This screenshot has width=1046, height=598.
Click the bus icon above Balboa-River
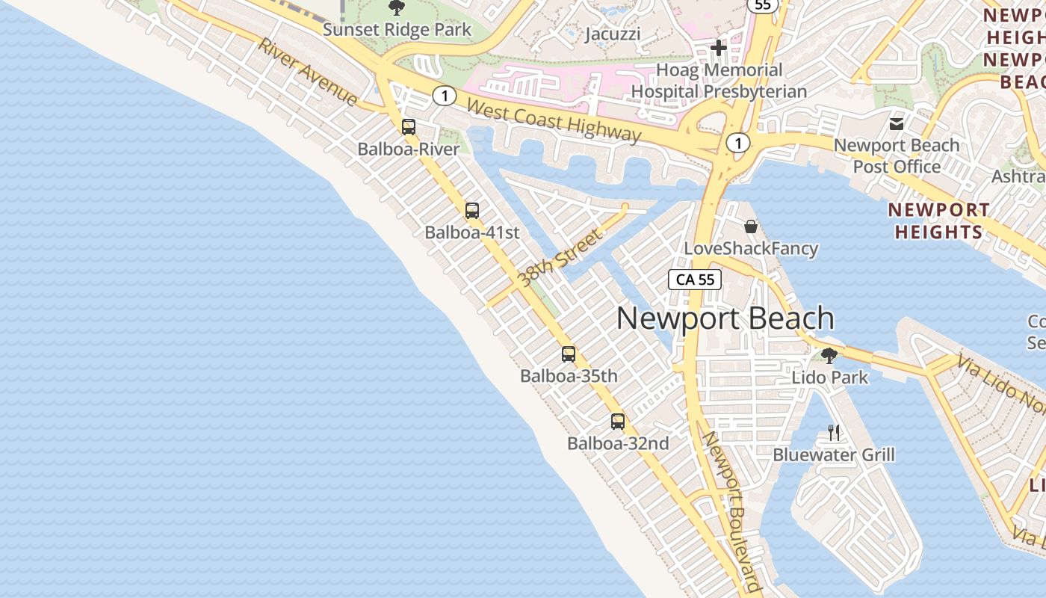(x=409, y=127)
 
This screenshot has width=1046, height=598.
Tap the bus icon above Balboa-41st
(x=472, y=211)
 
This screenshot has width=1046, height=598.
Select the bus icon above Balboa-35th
(x=569, y=354)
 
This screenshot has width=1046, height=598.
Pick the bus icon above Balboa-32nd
(x=618, y=422)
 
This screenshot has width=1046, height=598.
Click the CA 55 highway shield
(x=695, y=280)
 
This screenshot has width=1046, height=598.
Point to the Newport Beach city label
(x=725, y=318)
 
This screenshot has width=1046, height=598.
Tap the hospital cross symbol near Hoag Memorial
(x=719, y=49)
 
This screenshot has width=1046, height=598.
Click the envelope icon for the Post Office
(x=897, y=124)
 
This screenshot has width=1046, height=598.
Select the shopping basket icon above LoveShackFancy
(x=751, y=226)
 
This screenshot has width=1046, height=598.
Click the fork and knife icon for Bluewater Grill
(x=834, y=432)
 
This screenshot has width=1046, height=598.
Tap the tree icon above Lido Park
(x=829, y=355)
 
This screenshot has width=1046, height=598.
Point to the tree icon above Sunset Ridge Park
(x=397, y=8)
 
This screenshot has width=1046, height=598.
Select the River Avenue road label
(x=308, y=71)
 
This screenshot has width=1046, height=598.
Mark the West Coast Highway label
(x=554, y=120)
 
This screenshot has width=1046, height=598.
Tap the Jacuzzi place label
(x=613, y=34)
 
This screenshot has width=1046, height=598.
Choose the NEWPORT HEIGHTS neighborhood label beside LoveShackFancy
(x=939, y=221)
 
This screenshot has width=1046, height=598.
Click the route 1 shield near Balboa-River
(x=445, y=96)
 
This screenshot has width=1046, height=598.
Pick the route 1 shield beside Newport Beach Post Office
(x=738, y=143)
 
